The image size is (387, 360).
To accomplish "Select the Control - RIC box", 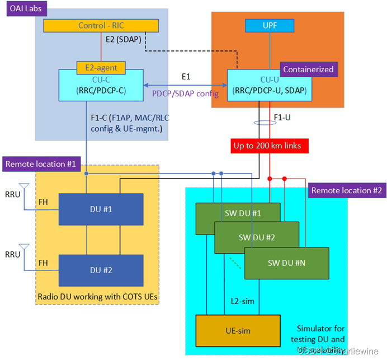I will (x=101, y=25).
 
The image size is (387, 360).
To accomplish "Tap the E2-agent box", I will (x=101, y=67).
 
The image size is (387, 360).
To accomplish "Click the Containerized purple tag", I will (x=308, y=69).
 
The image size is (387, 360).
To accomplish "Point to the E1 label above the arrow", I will (x=186, y=75).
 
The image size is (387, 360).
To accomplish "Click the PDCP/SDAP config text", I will (x=185, y=93).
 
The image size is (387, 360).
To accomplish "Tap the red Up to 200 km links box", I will (x=268, y=146).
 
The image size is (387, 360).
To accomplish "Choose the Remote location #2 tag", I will (x=346, y=190).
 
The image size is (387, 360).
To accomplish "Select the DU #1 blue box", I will (x=101, y=208).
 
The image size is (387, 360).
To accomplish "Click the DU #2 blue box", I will (x=101, y=270).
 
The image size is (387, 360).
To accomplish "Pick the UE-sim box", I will (x=237, y=330).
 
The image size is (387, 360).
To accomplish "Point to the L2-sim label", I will (x=242, y=301).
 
